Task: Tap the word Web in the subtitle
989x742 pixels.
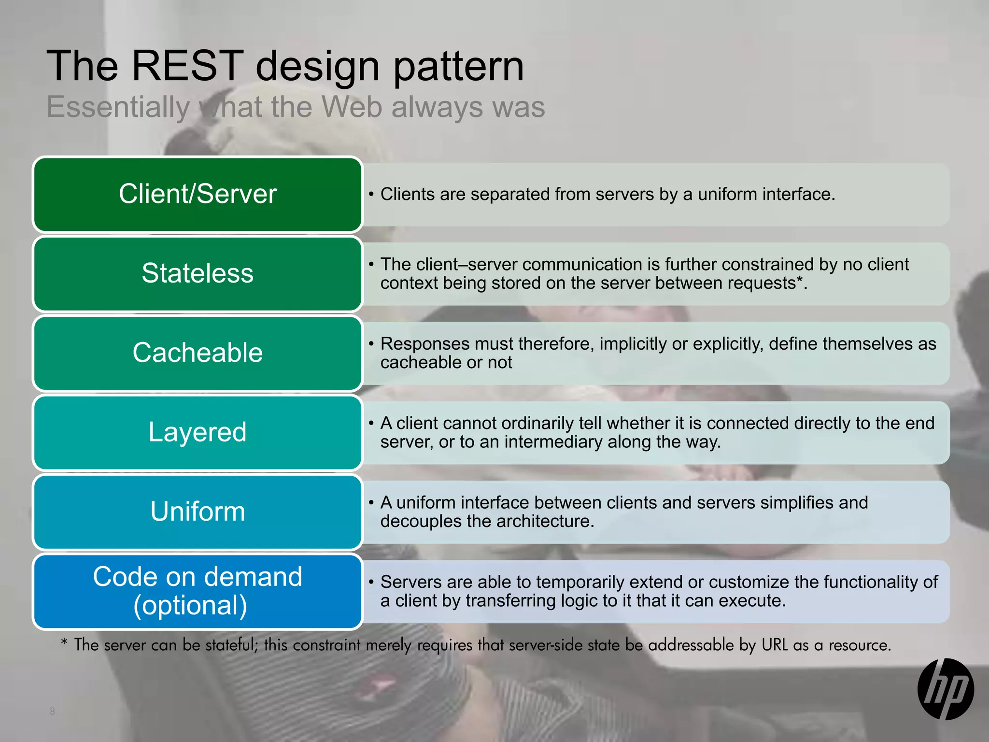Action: click(352, 107)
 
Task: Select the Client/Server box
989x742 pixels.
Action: click(198, 194)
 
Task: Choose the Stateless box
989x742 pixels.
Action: click(198, 273)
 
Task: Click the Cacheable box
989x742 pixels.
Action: click(198, 353)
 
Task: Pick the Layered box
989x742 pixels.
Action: click(198, 432)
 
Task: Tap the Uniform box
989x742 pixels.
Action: click(198, 512)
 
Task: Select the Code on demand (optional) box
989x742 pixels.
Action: click(198, 591)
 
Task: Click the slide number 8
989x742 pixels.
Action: click(52, 711)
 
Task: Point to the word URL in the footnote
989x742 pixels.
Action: click(775, 645)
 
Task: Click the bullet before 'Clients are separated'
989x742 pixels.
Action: click(371, 195)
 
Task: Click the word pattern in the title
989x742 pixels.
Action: click(458, 67)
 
